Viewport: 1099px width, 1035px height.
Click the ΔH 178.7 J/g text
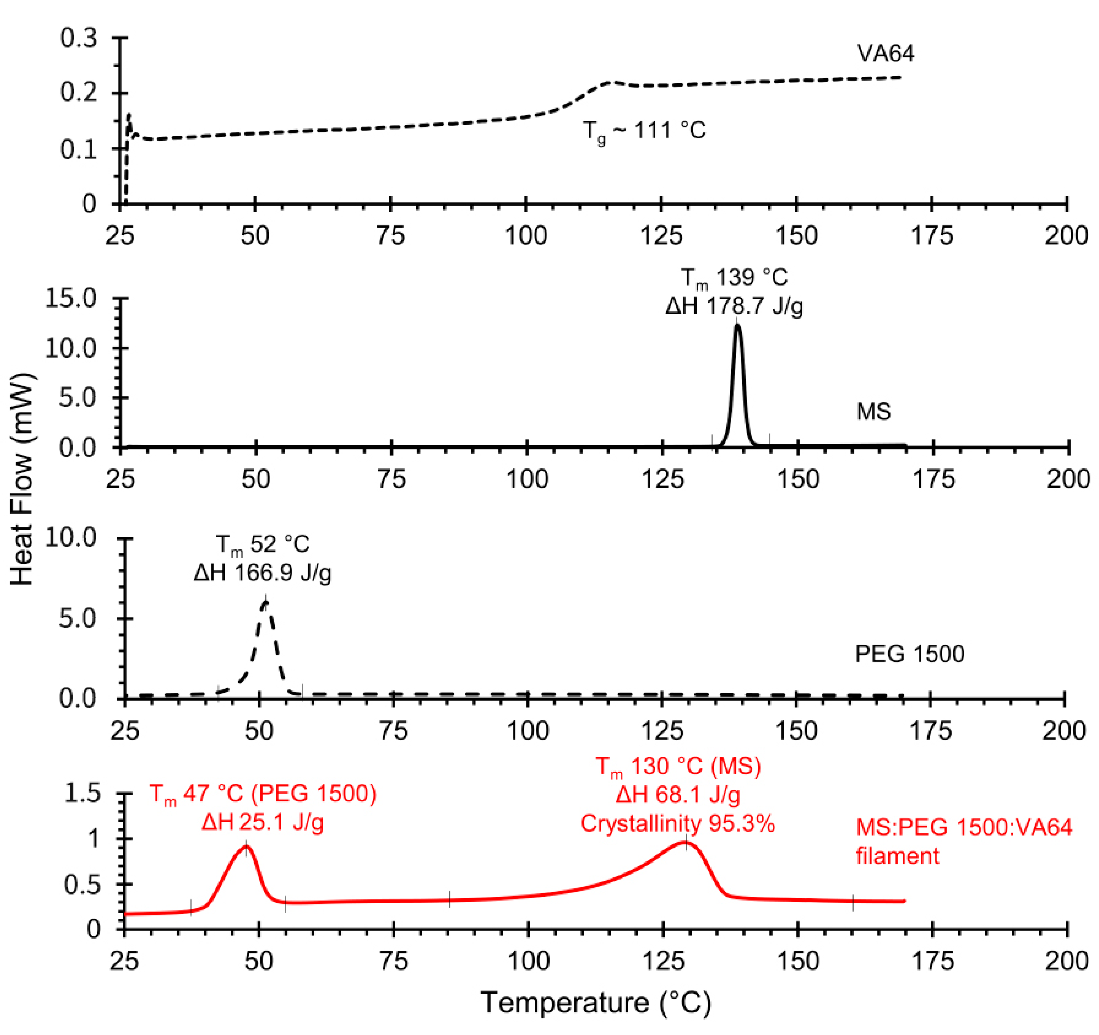point(734,306)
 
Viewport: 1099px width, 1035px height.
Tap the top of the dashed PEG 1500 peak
point(266,602)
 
